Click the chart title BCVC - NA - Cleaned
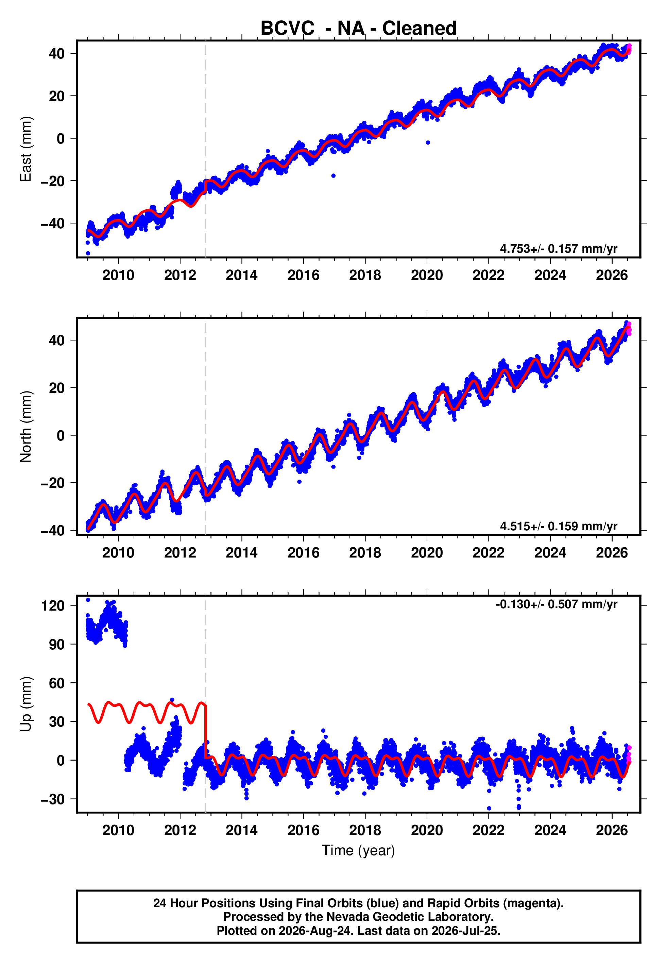[x=358, y=29]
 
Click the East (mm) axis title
[x=26, y=149]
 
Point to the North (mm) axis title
[x=26, y=427]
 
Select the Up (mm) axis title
[x=26, y=704]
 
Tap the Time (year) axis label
[x=358, y=850]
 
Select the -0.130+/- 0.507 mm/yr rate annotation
[x=556, y=604]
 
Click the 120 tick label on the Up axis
[x=53, y=605]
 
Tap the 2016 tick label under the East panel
[x=303, y=275]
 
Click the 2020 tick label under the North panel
[x=427, y=553]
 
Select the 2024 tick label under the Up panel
[x=550, y=830]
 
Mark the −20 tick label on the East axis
[x=53, y=181]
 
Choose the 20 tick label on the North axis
[x=57, y=388]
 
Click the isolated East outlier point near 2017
[x=333, y=176]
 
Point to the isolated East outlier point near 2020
[x=428, y=143]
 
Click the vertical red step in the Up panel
[x=206, y=732]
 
